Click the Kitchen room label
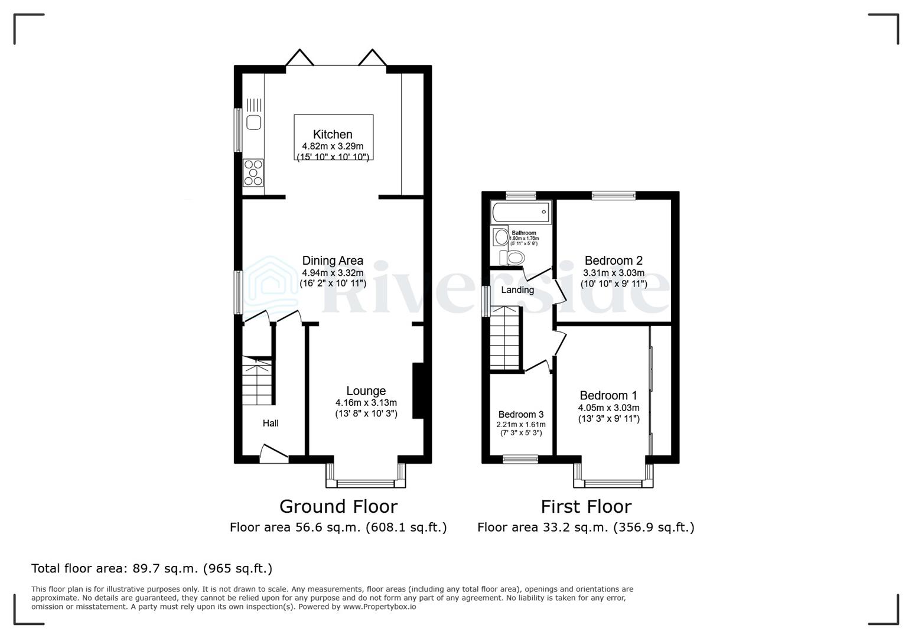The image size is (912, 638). pos(333,135)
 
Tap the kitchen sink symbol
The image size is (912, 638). pos(254,122)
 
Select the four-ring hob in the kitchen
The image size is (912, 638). pos(253,172)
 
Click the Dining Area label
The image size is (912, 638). pos(333,261)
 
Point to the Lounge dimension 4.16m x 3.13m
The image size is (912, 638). pos(366,403)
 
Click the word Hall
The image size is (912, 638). pos(271,423)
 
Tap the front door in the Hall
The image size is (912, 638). pos(273,455)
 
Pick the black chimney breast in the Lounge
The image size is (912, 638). pos(418,390)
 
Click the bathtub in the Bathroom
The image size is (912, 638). pos(520,212)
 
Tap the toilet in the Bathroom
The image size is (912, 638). pos(512,258)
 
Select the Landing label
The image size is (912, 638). pos(517,290)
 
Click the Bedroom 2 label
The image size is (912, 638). pos(613,261)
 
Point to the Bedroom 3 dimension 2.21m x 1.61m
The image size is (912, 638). pos(521,424)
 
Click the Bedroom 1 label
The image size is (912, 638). pos(608,396)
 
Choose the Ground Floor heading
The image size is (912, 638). pos(338,506)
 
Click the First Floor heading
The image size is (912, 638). pos(586,506)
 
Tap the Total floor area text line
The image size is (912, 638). pos(152,568)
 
